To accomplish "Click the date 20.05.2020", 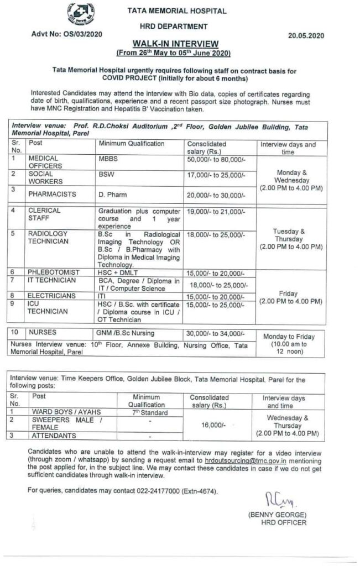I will pos(305,35).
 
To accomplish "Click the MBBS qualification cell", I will pos(109,158).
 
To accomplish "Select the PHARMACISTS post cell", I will pos(52,195).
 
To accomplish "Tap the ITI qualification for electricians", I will pos(103,297).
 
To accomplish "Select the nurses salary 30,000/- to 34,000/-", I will pos(216,333).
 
